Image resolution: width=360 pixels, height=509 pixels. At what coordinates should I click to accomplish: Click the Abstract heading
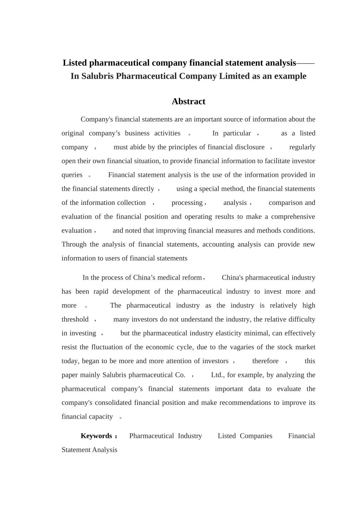[x=188, y=101]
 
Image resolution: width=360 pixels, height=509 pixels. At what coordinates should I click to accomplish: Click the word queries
[x=72, y=175]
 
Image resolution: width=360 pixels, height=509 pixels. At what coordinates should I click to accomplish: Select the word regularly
[x=302, y=147]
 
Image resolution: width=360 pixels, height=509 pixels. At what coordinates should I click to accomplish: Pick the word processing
[x=187, y=203]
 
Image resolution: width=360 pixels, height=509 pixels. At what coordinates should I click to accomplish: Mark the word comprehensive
[x=293, y=217]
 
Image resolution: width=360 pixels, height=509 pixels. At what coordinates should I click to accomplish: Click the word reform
[x=192, y=278]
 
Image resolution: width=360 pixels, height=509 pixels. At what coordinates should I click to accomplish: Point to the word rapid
[x=101, y=292]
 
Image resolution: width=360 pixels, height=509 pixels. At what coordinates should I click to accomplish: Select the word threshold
[x=75, y=319]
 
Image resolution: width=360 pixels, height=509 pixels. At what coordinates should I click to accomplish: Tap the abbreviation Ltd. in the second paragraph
[x=218, y=375]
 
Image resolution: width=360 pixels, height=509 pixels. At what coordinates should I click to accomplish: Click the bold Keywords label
[x=97, y=436]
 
